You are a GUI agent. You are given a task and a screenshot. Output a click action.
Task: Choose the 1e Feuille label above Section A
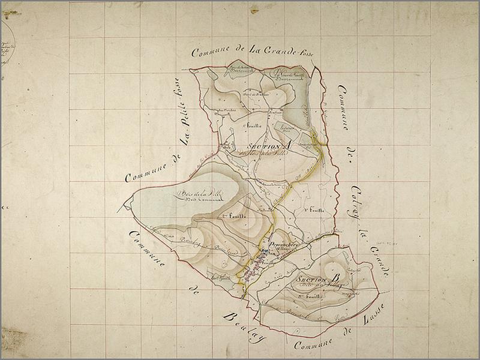(255, 125)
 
